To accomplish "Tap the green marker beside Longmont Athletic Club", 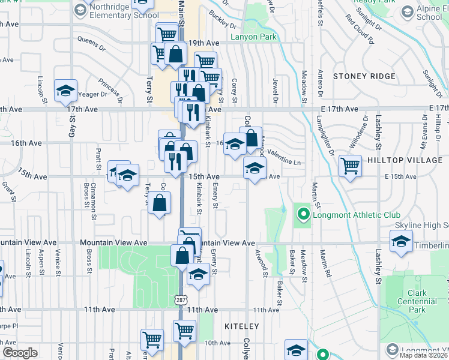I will click(303, 214).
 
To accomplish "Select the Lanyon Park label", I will click(253, 37).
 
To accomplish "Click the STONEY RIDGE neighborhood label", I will click(364, 76).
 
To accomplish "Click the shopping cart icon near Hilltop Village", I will click(350, 166).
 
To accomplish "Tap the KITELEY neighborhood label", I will click(241, 326).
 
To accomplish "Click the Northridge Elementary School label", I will click(125, 11).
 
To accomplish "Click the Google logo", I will click(20, 352).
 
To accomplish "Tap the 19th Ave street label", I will click(203, 43).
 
